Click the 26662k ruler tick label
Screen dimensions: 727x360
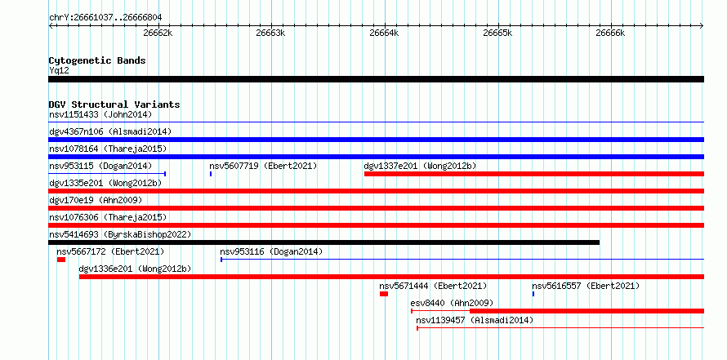[158, 33]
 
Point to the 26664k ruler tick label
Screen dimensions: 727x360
[384, 33]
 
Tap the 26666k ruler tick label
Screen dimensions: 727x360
[611, 33]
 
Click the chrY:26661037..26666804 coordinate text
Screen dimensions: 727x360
[105, 18]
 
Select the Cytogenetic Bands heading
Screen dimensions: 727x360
[97, 60]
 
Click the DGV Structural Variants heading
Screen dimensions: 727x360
[114, 104]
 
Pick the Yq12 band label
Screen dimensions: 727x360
[59, 70]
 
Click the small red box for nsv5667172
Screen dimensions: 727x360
[61, 260]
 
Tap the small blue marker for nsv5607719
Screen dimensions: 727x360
[211, 174]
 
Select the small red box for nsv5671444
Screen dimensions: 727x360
[384, 294]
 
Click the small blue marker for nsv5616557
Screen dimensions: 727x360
[533, 294]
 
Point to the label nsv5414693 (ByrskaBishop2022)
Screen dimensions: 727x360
[120, 234]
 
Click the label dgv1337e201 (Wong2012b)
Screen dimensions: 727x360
[420, 166]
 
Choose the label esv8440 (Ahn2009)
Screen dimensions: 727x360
[452, 303]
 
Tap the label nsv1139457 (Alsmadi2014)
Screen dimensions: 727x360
[475, 320]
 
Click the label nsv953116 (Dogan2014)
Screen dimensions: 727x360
[271, 251]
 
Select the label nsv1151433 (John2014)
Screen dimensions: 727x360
[100, 114]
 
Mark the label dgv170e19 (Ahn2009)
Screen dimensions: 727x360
[96, 200]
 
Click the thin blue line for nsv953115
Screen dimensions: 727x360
[107, 174]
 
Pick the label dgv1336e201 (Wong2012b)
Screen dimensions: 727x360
[136, 269]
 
